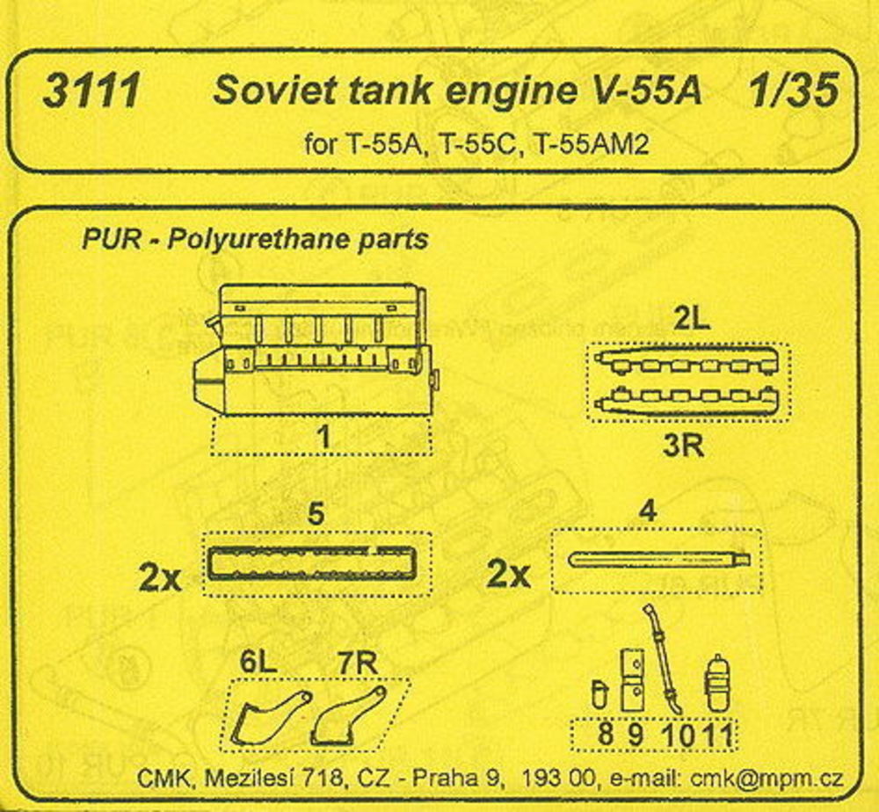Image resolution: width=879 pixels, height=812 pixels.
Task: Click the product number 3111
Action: (x=91, y=91)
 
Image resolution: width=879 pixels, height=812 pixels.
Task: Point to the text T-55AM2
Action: (x=592, y=145)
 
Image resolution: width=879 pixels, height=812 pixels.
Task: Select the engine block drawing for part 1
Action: (x=316, y=350)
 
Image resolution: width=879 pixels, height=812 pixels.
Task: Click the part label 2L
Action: (x=691, y=320)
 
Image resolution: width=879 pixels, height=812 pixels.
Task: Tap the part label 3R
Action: (x=683, y=446)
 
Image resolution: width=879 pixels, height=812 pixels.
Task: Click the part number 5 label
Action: (x=316, y=514)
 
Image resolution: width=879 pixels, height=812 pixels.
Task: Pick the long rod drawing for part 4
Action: (x=658, y=560)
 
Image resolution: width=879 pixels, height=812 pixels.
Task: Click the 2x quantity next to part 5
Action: (x=160, y=579)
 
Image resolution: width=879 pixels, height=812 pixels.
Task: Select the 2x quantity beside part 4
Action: (x=508, y=575)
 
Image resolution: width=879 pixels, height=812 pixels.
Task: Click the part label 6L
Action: (x=258, y=663)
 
